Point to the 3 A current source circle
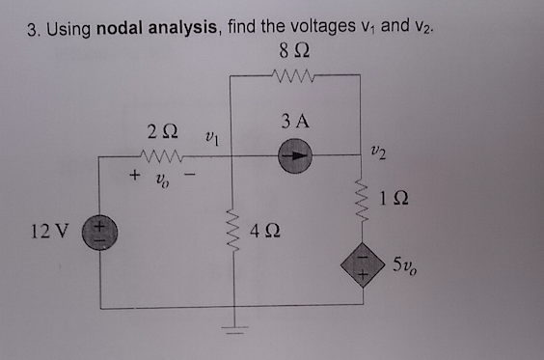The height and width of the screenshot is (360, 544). point(296,158)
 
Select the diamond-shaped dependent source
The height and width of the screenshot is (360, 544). point(362,264)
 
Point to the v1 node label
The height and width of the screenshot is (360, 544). point(215,139)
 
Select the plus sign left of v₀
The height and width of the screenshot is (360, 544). point(135,178)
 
